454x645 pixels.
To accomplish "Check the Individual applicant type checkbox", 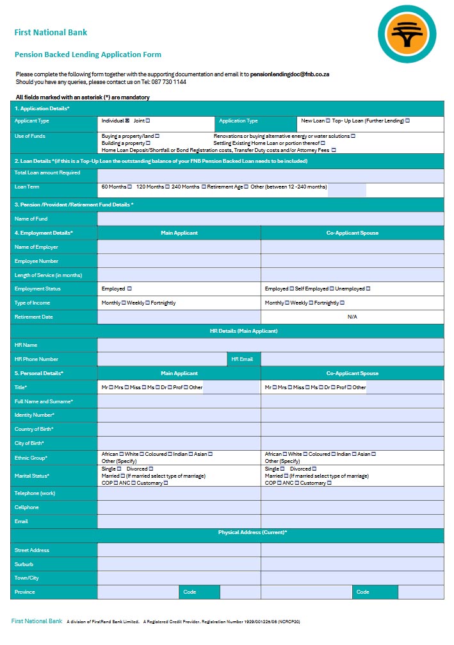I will point(127,121).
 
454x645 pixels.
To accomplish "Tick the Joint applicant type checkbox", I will point(149,121).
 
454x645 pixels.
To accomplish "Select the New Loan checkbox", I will point(328,121).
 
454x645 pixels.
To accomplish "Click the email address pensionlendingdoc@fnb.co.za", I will point(289,74).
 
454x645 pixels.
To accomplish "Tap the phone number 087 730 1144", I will point(168,82).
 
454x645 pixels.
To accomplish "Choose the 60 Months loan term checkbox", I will point(129,187).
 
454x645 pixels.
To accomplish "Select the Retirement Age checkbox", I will point(247,187).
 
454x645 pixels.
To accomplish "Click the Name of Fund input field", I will point(270,219).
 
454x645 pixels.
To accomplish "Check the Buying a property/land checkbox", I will point(157,136).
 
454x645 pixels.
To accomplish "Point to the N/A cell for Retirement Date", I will point(352,317).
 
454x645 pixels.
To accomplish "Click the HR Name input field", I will point(270,346).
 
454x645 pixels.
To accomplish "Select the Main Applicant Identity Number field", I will point(179,415).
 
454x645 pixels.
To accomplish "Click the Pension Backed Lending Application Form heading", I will point(88,55).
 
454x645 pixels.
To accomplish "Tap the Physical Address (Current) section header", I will point(252,533).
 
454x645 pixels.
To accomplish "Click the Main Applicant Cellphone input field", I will point(179,508).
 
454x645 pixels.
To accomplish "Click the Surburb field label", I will point(24,565).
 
